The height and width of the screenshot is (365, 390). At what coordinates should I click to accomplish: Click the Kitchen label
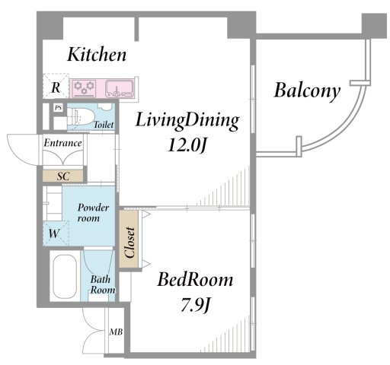click(97, 55)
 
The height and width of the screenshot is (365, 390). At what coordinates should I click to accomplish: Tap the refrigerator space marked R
click(56, 86)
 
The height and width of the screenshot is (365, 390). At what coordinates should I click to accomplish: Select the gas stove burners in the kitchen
click(85, 88)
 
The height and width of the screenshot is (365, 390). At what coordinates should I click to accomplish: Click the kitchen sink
click(120, 89)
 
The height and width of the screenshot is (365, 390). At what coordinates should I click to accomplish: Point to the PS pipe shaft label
click(59, 108)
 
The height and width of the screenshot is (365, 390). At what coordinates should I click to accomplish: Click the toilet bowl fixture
click(81, 116)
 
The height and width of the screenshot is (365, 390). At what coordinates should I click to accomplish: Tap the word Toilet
click(104, 125)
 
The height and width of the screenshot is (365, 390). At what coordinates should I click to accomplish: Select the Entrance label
click(63, 143)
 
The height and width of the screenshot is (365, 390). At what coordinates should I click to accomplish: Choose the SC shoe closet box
click(62, 176)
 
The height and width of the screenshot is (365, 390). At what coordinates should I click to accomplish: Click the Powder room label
click(93, 213)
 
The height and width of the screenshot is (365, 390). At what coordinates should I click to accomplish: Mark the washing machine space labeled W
click(56, 233)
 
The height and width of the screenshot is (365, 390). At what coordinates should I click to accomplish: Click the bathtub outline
click(65, 276)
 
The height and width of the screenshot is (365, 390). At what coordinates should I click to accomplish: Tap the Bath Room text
click(103, 284)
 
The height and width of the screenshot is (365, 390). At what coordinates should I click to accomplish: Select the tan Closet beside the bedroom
click(129, 239)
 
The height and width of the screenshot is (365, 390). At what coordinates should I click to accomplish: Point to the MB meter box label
click(116, 332)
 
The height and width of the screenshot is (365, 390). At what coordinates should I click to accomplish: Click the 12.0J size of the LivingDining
click(187, 146)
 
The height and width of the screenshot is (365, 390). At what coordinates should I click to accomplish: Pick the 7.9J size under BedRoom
click(195, 305)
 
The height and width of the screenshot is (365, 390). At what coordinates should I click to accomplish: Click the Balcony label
click(307, 91)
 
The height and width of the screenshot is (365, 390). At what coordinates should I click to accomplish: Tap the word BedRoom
click(195, 280)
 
